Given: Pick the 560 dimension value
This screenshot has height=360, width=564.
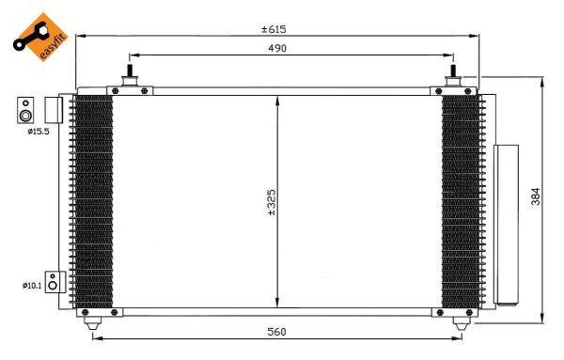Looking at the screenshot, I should pos(274,331).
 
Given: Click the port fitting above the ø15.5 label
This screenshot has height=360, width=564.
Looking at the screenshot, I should pos(26,110).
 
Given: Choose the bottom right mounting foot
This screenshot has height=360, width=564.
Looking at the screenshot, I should pos(459,323).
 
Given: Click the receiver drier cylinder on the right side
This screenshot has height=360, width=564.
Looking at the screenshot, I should pos(506,223).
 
